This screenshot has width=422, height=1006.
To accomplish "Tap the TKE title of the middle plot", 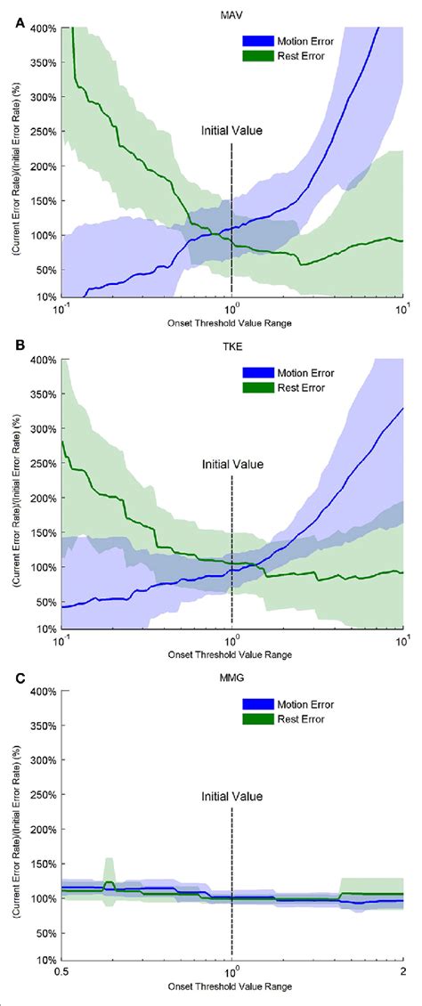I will coord(231,344).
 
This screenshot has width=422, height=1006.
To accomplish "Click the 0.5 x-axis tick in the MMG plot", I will coord(61,970).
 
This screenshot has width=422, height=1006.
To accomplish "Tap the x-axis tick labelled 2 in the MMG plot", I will coord(402,970).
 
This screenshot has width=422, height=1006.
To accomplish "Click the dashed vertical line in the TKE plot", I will coord(231,552).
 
